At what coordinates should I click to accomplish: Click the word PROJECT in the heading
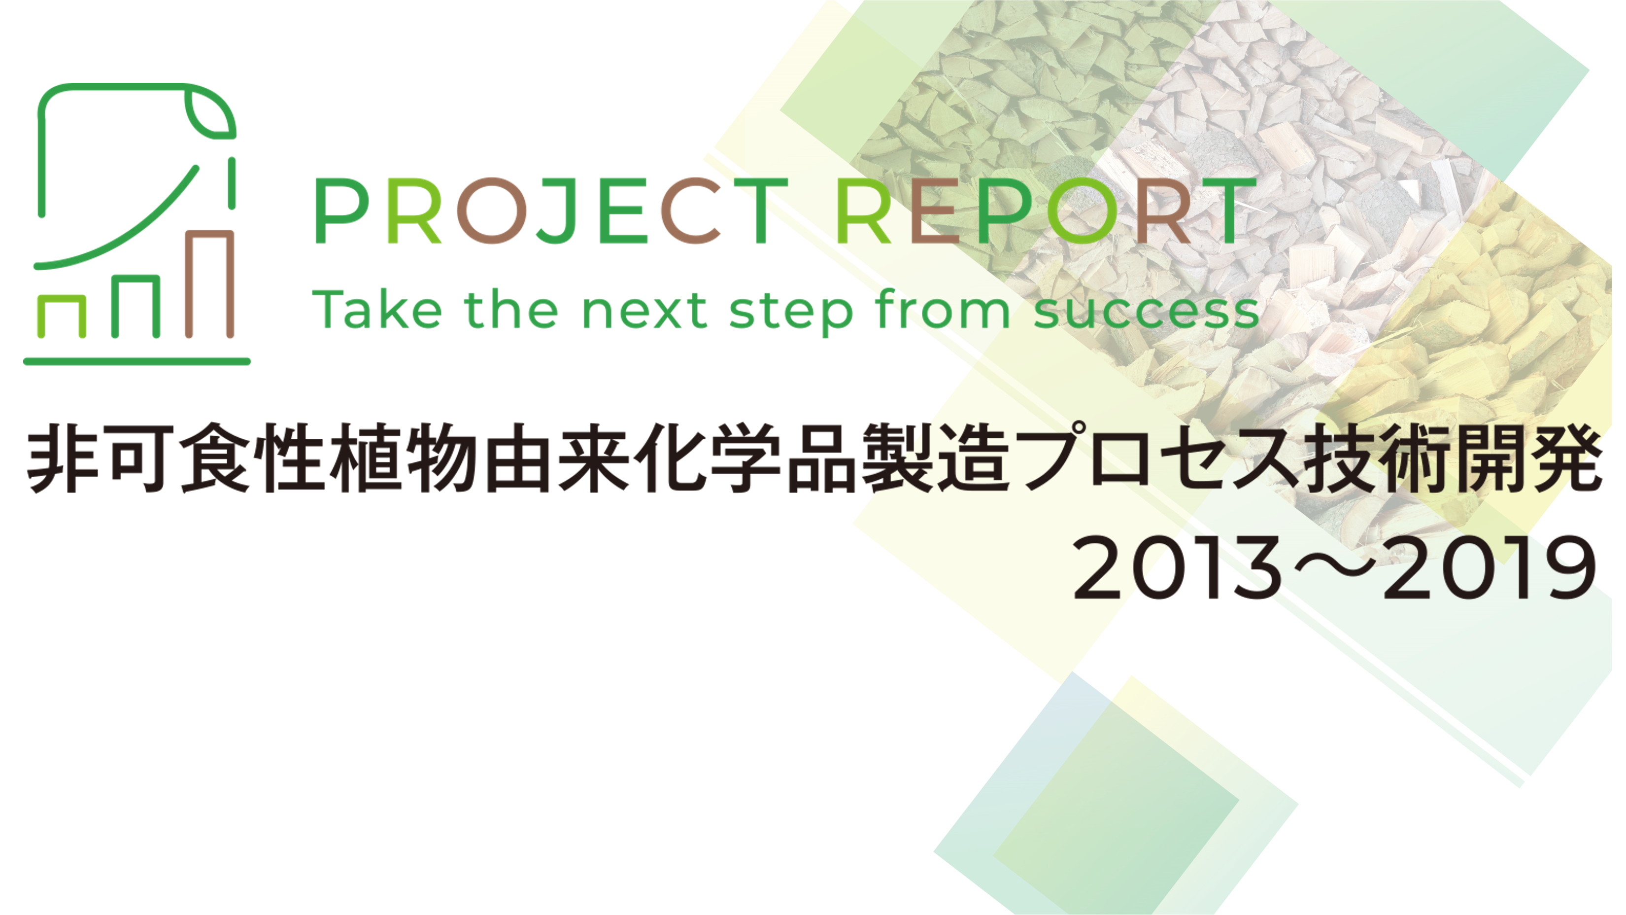point(552,211)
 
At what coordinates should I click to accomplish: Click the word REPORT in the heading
point(1046,211)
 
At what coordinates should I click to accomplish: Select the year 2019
point(1490,567)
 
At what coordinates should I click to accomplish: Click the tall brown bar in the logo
point(209,283)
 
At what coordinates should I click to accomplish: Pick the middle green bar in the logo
point(135,306)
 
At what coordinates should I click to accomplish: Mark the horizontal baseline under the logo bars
point(137,362)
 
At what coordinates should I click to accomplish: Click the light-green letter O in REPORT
point(1081,211)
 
